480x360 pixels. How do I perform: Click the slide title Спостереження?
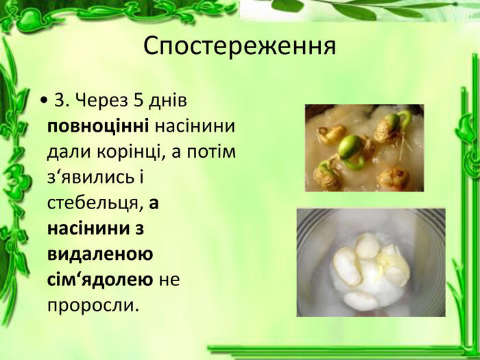(240, 46)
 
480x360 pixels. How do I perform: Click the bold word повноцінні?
(98, 126)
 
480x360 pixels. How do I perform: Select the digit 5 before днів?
(139, 100)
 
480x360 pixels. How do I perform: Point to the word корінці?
(129, 152)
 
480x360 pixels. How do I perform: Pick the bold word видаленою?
(100, 254)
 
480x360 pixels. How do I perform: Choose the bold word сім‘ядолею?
(100, 280)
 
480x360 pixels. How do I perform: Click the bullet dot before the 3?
(44, 101)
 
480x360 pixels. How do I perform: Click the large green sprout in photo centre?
(352, 152)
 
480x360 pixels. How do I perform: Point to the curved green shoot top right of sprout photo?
(405, 120)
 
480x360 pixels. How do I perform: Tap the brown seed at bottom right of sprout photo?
(394, 178)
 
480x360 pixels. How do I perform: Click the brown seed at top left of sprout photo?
(331, 134)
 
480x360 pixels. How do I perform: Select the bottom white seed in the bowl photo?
(361, 301)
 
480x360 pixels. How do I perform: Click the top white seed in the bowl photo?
(368, 245)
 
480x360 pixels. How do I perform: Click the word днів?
(168, 100)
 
